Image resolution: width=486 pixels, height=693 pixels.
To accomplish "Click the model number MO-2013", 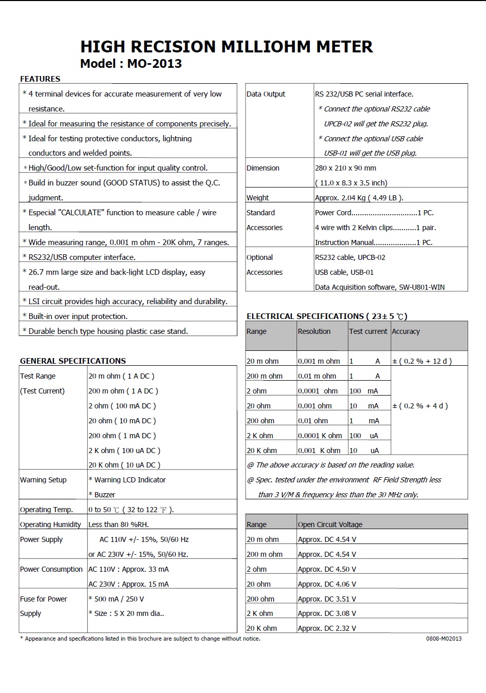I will tap(154, 64).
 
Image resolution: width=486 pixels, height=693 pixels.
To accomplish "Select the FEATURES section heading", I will tap(40, 79).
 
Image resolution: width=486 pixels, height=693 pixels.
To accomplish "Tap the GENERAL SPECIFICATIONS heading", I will tap(73, 361).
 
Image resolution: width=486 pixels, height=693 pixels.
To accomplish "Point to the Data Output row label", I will tap(266, 94).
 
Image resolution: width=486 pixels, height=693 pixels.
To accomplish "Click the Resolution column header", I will tap(314, 331).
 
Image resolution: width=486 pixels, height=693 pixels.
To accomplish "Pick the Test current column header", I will tap(368, 331).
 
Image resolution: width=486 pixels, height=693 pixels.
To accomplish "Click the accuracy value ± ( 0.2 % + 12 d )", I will tap(422, 361).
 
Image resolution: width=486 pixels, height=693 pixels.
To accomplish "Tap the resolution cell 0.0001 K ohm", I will tap(320, 436).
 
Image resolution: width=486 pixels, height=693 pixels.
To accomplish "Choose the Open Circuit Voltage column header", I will tap(330, 525).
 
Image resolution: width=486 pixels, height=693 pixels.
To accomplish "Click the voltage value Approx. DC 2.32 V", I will tap(327, 628).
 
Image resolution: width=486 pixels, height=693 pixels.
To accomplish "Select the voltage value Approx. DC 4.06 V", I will tap(327, 584).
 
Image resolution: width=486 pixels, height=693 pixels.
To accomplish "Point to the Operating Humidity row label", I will tap(50, 525).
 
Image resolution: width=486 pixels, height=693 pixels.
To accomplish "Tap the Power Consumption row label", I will tap(51, 569).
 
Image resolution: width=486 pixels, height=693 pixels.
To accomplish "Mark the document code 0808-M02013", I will tap(443, 639).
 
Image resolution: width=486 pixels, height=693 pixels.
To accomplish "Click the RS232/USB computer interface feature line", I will tap(82, 257).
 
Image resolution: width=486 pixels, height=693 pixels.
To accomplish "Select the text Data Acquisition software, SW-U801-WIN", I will tap(380, 287).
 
